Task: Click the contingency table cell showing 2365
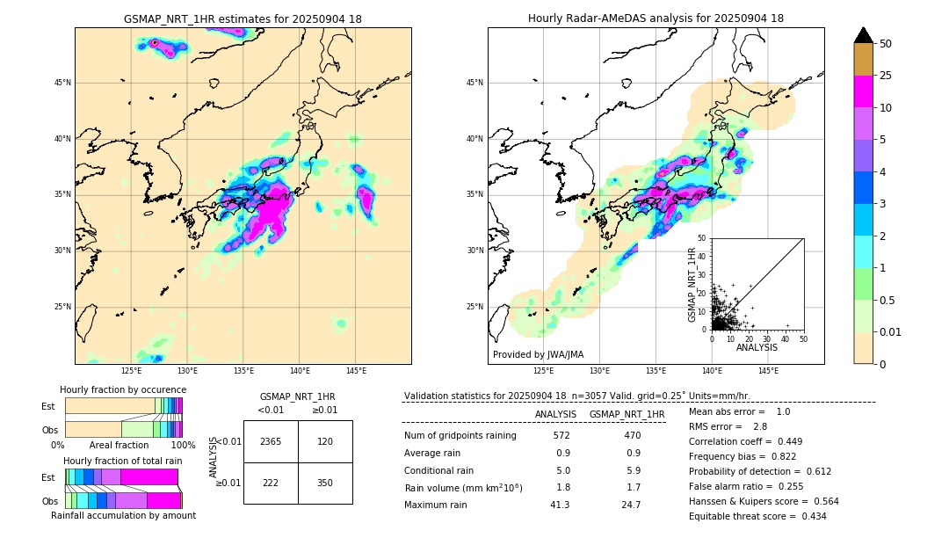click(271, 441)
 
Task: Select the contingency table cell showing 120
click(325, 441)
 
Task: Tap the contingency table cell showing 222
click(271, 483)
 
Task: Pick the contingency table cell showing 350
click(325, 483)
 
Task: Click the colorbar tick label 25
click(886, 76)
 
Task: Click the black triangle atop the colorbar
click(864, 35)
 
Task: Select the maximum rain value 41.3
click(561, 505)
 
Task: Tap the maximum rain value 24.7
click(631, 505)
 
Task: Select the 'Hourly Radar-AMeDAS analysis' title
click(656, 18)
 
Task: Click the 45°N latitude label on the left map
click(62, 83)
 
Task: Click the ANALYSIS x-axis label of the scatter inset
click(757, 347)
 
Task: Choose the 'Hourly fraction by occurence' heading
click(123, 389)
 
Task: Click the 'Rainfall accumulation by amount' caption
click(123, 515)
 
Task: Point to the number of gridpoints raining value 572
click(561, 436)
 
